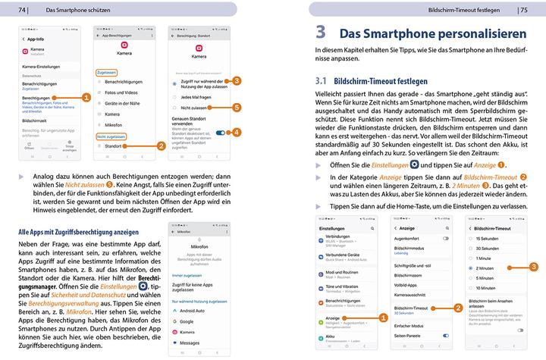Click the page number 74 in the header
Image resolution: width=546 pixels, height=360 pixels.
tap(22, 10)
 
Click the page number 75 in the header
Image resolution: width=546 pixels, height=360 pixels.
tap(523, 10)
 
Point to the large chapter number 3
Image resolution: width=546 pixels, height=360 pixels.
tap(321, 33)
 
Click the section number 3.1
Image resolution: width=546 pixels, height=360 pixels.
tap(320, 80)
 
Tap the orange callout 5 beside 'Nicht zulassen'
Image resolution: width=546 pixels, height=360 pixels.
tap(237, 108)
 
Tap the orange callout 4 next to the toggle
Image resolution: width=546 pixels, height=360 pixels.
tap(237, 132)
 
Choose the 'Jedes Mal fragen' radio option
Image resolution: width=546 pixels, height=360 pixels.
tap(196, 97)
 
